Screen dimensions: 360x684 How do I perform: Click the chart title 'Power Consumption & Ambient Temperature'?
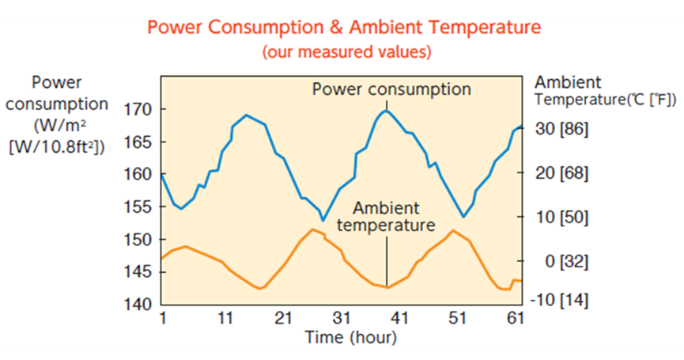(344, 28)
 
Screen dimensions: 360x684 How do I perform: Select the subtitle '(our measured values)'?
(344, 52)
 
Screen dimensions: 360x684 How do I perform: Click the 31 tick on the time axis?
(341, 318)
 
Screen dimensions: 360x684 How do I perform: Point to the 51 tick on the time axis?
(457, 318)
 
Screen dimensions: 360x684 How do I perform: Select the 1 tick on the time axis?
(163, 318)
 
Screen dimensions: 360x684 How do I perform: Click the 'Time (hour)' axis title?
(351, 337)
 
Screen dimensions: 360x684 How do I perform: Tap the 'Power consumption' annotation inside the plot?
(391, 89)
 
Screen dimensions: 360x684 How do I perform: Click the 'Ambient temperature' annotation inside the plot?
(386, 217)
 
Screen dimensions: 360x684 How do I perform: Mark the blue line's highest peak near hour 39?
(385, 111)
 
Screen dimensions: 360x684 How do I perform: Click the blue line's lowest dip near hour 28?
(322, 220)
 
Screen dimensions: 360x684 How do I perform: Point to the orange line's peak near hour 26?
(313, 229)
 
